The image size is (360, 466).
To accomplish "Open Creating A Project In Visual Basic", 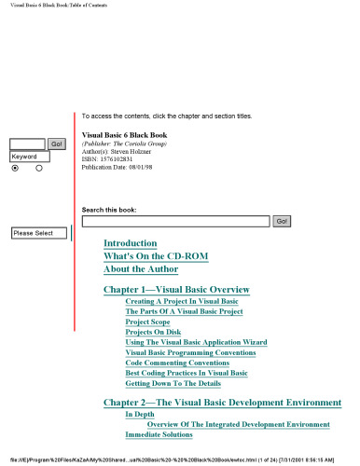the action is (182, 302).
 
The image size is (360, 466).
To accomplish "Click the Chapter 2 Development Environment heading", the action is (222, 403).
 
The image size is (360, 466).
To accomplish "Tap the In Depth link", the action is (140, 414).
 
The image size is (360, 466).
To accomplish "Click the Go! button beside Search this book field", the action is (282, 222).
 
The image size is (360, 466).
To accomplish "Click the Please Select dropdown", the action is (38, 233).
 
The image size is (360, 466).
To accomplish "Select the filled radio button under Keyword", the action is (15, 169).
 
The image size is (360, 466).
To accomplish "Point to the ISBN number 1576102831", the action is (120, 159).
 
